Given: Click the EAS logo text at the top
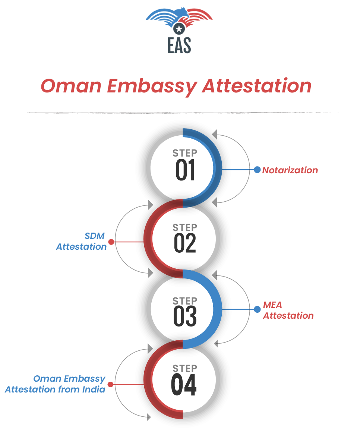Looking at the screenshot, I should pyautogui.click(x=179, y=44).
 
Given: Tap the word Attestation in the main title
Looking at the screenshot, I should pyautogui.click(x=257, y=86).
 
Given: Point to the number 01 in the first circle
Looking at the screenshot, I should pyautogui.click(x=185, y=170).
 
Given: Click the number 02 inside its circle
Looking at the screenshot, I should pyautogui.click(x=185, y=243).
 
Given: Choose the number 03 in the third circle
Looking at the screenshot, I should pyautogui.click(x=185, y=315).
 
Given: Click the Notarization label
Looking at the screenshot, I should pyautogui.click(x=290, y=170).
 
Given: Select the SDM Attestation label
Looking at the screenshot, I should pyautogui.click(x=82, y=241).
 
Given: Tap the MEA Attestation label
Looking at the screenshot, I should pyautogui.click(x=288, y=310).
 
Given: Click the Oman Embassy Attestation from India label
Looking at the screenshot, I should pyautogui.click(x=55, y=384).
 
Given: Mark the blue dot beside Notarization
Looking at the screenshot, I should pyautogui.click(x=257, y=170).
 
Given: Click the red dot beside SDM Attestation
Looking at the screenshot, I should pyautogui.click(x=111, y=242).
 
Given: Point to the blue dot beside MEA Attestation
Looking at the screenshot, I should pyautogui.click(x=257, y=309).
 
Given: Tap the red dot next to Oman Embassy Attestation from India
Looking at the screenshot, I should pyautogui.click(x=111, y=384).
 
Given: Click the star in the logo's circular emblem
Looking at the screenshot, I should pyautogui.click(x=179, y=28).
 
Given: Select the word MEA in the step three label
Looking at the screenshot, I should pyautogui.click(x=272, y=305).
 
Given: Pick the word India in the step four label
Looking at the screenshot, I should pyautogui.click(x=95, y=390).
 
